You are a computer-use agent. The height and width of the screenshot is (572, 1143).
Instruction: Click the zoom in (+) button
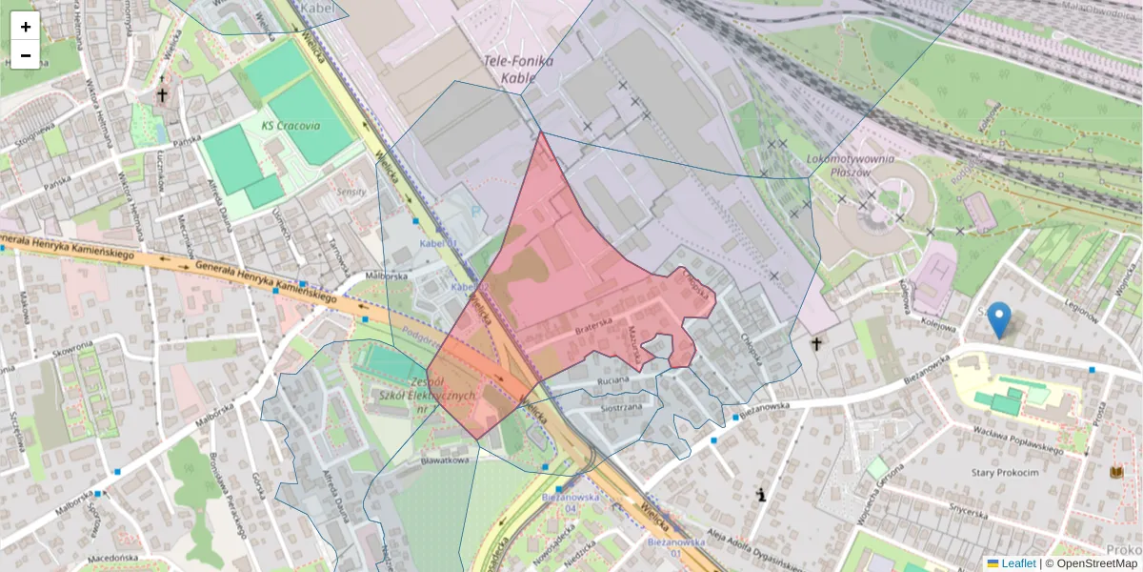tap(26, 27)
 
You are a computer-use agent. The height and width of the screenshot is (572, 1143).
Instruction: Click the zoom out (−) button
tap(26, 55)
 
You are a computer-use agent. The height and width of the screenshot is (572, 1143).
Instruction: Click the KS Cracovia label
tap(291, 126)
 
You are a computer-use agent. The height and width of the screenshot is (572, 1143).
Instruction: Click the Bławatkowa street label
tap(446, 460)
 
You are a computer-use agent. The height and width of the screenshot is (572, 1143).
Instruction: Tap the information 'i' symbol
tap(761, 495)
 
